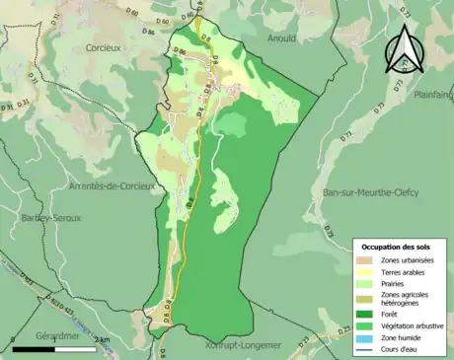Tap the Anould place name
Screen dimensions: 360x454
(x=281, y=37)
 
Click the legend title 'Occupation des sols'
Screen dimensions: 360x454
(x=396, y=246)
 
